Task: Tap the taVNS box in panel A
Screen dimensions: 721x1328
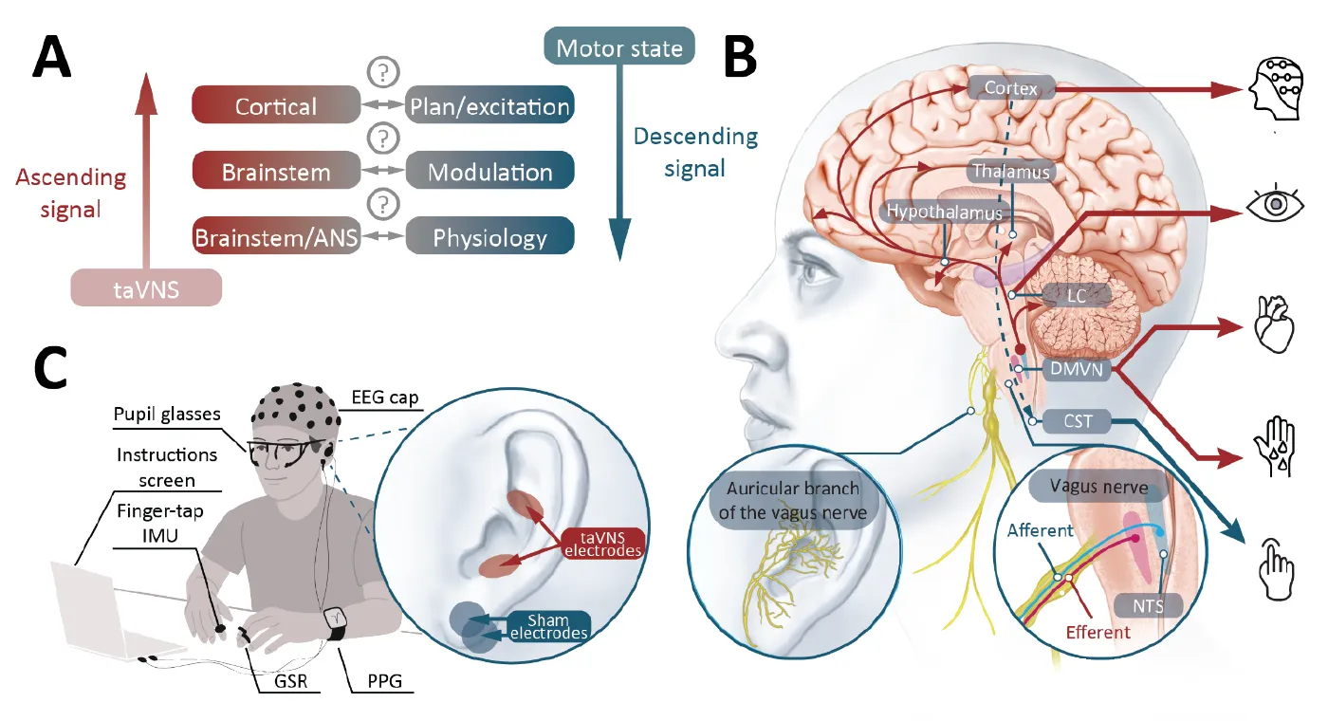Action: [x=146, y=287]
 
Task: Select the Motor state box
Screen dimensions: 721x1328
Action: [x=619, y=47]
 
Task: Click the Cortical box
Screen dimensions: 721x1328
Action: [x=276, y=105]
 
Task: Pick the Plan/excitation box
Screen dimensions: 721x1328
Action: [x=489, y=105]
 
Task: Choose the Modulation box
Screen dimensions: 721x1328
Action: [x=489, y=172]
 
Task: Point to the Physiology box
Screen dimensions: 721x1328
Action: [x=489, y=236]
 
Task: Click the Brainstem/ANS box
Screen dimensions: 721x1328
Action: [x=276, y=236]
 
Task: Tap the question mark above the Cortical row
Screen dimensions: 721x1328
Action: [x=382, y=72]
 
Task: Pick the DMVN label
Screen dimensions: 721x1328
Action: [x=1077, y=369]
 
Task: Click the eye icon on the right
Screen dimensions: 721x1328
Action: [x=1275, y=205]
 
